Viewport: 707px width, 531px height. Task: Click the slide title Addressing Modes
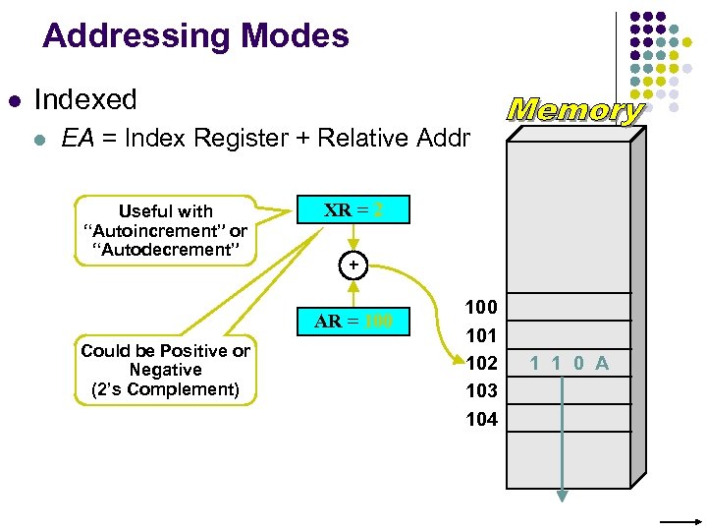(x=195, y=36)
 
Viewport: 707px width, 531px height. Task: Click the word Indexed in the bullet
(x=85, y=99)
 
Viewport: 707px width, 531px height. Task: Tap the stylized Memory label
(x=575, y=110)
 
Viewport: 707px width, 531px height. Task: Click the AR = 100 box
(x=353, y=321)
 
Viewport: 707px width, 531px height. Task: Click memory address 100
(x=481, y=307)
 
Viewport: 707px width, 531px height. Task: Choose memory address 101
(x=481, y=334)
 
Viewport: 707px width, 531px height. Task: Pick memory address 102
(x=481, y=362)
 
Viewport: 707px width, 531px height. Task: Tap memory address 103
(x=481, y=390)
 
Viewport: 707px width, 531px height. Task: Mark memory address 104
(x=481, y=419)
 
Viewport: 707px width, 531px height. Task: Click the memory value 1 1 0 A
(x=570, y=363)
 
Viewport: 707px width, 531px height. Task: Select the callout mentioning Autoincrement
(x=165, y=230)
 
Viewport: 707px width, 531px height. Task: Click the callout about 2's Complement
(x=165, y=370)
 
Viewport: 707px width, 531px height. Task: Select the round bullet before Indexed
(x=14, y=100)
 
